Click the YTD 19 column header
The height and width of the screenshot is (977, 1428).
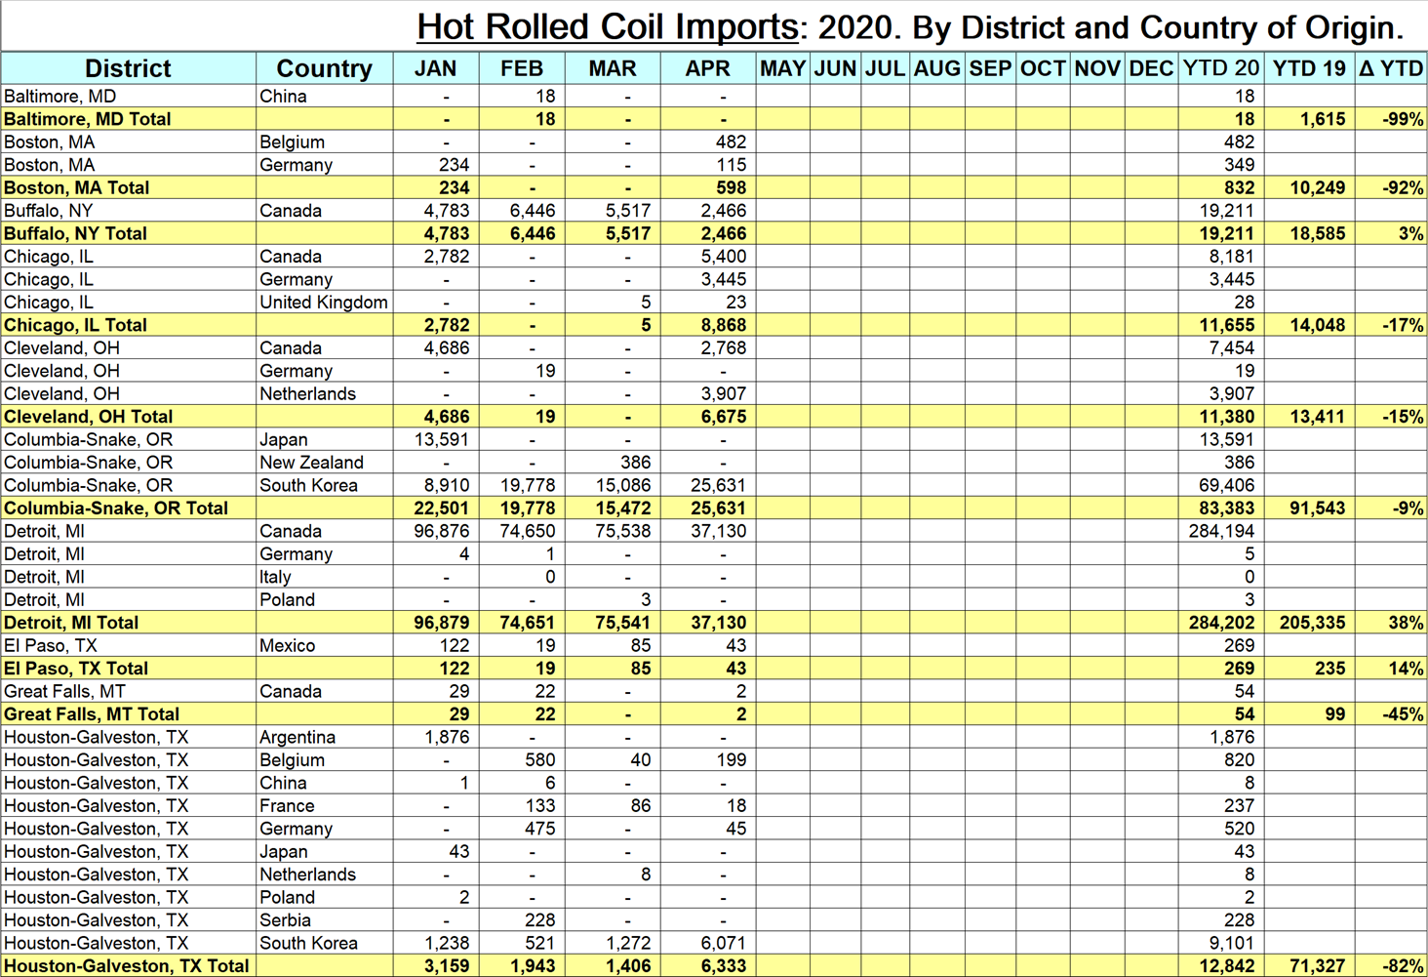(1309, 68)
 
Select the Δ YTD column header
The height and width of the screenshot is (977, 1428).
(1391, 68)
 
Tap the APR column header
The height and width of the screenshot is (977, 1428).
(707, 68)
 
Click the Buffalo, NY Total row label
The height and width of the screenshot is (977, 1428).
(75, 233)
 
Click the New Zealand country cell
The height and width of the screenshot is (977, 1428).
(311, 463)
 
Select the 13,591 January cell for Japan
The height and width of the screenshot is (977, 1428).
(442, 439)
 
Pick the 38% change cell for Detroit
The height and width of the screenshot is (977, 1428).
(1405, 623)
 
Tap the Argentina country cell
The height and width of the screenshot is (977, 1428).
(297, 737)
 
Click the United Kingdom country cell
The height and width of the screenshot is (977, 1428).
(324, 303)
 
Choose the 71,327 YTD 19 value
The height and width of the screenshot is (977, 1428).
(1311, 966)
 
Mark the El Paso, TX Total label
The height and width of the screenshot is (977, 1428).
(76, 669)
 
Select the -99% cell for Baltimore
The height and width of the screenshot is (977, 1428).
(1403, 119)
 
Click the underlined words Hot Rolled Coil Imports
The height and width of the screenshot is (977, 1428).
(607, 26)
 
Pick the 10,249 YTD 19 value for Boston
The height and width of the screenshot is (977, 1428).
(1317, 187)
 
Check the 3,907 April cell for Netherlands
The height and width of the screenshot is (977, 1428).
(723, 393)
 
